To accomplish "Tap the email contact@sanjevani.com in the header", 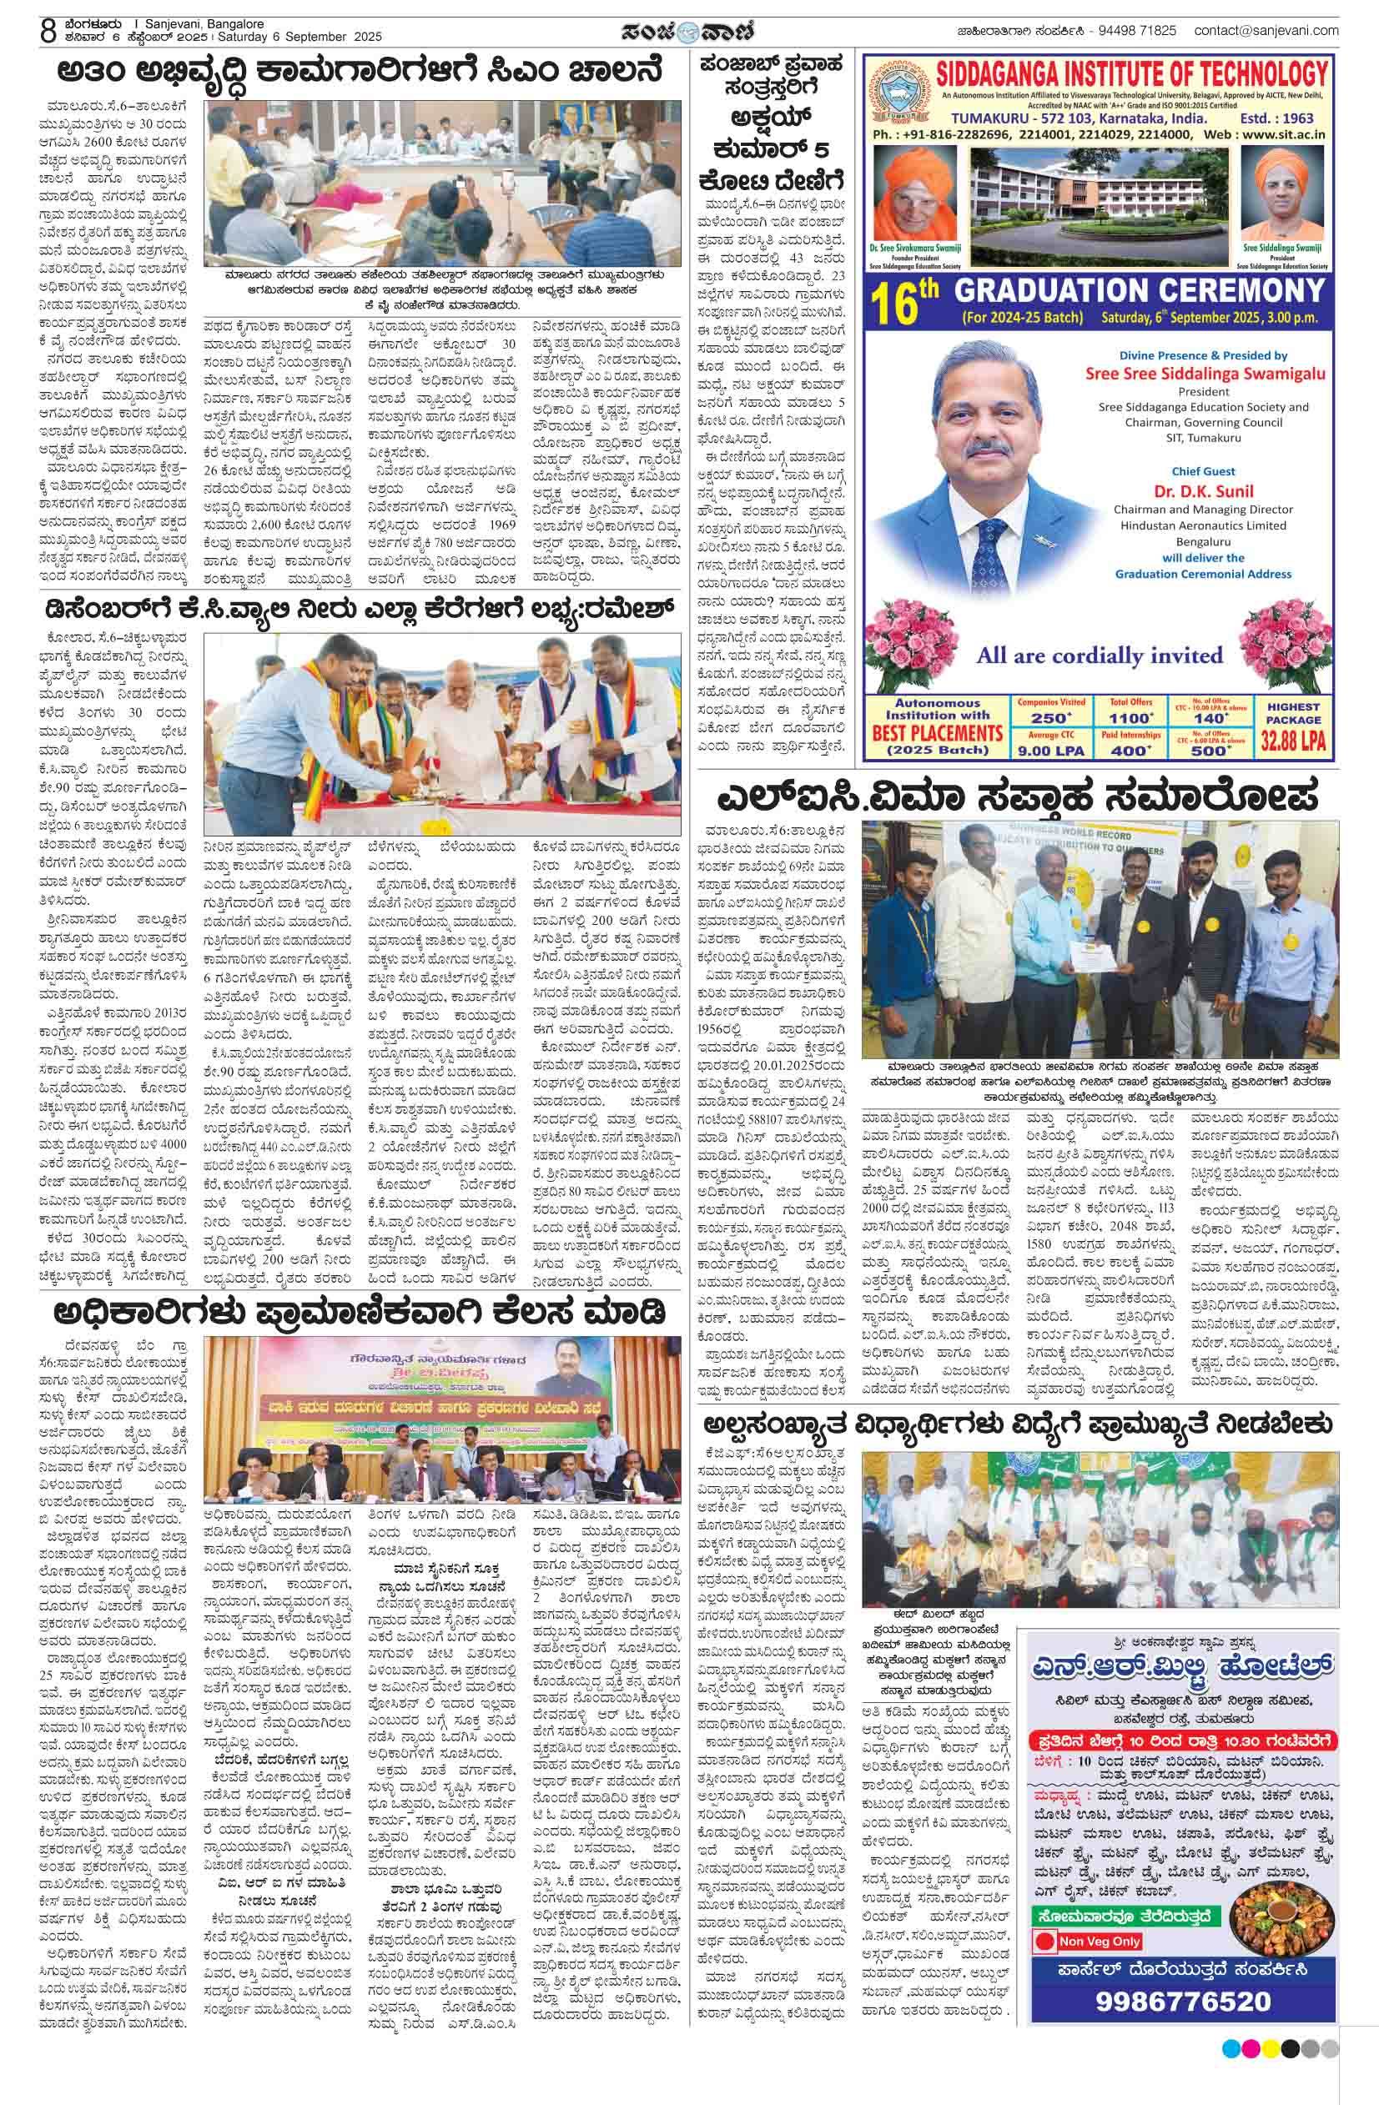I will coord(1266,31).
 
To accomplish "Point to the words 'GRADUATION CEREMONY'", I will coord(1140,291).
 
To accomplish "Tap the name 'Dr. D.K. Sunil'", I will coord(1202,491).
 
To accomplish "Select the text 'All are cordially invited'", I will coord(1099,656).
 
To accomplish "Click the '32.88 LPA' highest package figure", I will coord(1292,741).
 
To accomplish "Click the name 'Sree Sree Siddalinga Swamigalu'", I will coord(1205,374).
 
